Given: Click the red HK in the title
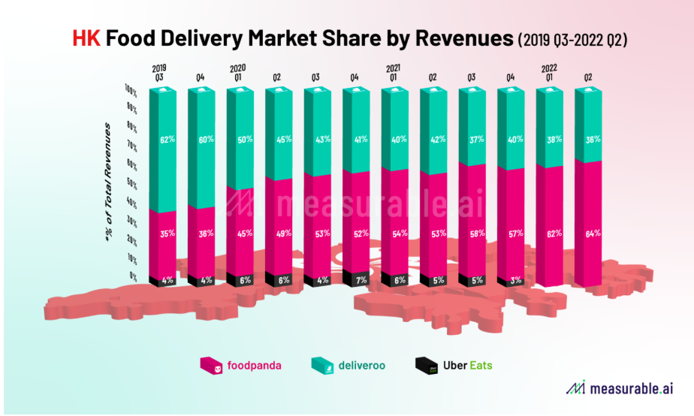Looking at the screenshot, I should (86, 38).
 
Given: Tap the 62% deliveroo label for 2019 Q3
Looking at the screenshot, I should (167, 139).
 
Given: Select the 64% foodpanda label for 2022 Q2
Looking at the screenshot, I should (593, 233).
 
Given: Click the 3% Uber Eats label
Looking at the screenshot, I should (515, 280).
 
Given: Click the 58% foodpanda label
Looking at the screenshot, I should (476, 233).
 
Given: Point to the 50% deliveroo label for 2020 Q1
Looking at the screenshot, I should (245, 139).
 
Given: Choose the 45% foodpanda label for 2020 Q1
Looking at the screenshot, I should (245, 233).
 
